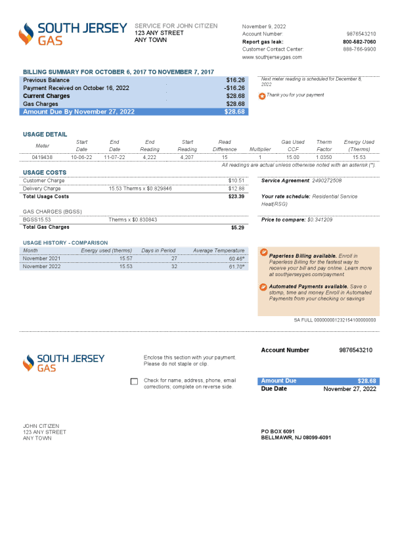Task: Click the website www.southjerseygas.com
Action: [x=272, y=57]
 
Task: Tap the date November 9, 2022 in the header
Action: [x=264, y=26]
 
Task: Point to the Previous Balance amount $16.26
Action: [x=235, y=80]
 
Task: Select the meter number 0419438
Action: [x=42, y=157]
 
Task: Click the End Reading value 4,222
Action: [x=150, y=157]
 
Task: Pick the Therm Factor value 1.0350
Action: [x=324, y=157]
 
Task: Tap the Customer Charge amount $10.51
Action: [x=236, y=180]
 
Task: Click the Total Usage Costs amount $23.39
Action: [x=236, y=197]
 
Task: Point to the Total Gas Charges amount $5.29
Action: [x=238, y=227]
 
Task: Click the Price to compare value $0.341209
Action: [x=320, y=220]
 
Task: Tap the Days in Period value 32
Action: [x=174, y=267]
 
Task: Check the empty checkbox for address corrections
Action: [x=135, y=382]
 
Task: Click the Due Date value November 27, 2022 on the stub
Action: [x=349, y=389]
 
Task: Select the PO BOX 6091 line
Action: [x=278, y=431]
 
